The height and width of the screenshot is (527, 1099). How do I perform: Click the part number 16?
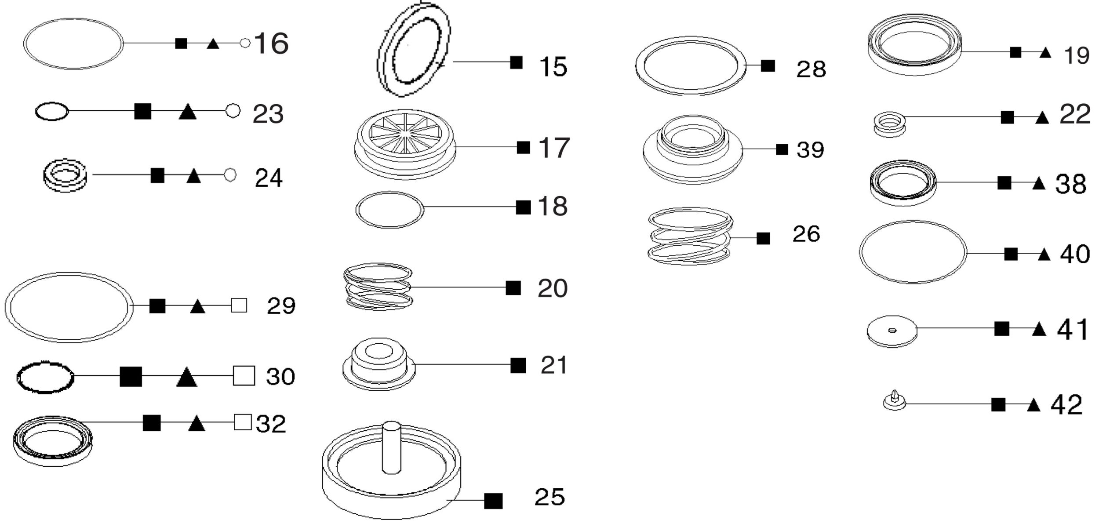click(x=271, y=44)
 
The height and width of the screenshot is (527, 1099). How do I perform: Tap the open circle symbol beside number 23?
click(x=233, y=111)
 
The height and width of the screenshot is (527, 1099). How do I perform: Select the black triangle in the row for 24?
click(x=193, y=176)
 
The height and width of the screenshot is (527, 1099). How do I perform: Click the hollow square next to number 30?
click(x=244, y=376)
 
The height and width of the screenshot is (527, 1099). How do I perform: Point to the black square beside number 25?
click(x=493, y=501)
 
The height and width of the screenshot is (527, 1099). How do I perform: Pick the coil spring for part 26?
click(x=690, y=236)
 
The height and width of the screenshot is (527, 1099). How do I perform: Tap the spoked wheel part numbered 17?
click(x=405, y=144)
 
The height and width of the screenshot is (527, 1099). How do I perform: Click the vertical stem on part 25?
click(x=391, y=447)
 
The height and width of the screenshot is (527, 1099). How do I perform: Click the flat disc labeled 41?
click(x=892, y=331)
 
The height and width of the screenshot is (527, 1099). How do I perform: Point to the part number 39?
click(x=810, y=150)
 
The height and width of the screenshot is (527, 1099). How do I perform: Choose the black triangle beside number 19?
click(x=1045, y=53)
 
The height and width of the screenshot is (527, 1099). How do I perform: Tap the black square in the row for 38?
click(x=1004, y=183)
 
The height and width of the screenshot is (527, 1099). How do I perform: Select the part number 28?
click(x=811, y=69)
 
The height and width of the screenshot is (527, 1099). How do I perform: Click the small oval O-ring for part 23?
click(x=52, y=111)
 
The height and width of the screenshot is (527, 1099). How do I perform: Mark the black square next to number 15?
click(x=517, y=62)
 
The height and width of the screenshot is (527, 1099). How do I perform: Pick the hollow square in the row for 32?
click(x=243, y=422)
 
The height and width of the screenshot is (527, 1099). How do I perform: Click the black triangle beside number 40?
click(x=1044, y=254)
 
